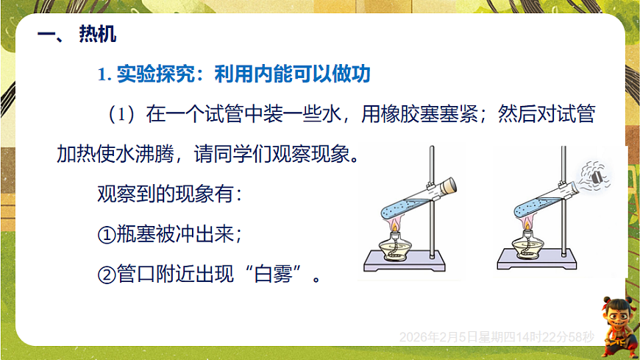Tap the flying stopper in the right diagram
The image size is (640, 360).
(596, 176)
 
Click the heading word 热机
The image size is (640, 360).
(97, 35)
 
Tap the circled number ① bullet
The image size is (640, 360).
(107, 236)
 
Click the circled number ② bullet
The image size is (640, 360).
(107, 277)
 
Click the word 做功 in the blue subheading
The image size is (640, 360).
(351, 74)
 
